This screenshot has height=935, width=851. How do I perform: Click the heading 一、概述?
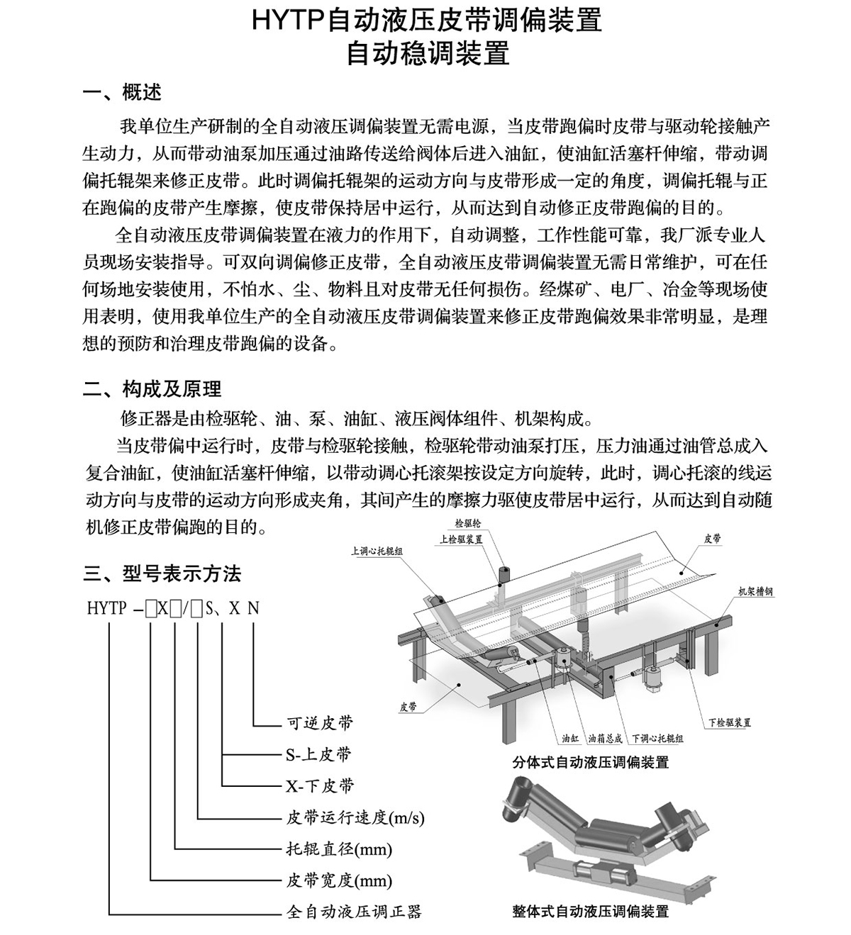point(122,93)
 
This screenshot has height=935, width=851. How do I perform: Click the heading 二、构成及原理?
point(152,388)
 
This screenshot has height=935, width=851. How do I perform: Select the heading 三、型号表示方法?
point(162,573)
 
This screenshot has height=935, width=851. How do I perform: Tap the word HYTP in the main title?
point(287,21)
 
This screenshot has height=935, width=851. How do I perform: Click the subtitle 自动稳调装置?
point(428,54)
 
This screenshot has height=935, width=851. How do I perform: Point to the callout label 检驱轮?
point(467,525)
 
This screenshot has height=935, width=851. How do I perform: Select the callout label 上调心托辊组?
point(377,549)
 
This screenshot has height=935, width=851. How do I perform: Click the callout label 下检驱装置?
point(729,722)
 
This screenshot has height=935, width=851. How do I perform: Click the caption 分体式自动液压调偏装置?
point(591,763)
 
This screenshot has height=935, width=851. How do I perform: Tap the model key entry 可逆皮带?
point(319,724)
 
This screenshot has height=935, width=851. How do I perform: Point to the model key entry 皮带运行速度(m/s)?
point(355,817)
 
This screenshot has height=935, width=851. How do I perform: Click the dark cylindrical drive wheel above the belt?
point(504,573)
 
